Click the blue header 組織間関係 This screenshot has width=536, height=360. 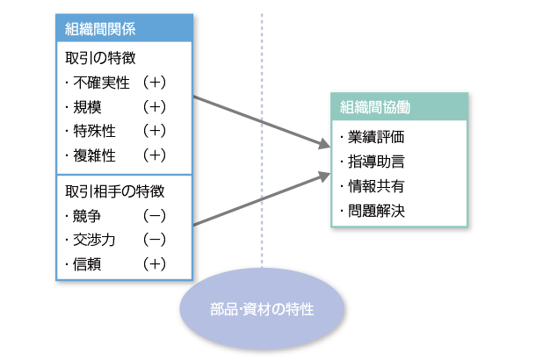click(101, 28)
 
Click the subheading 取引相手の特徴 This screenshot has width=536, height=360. click(115, 190)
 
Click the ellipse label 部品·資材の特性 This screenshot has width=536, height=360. click(262, 310)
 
